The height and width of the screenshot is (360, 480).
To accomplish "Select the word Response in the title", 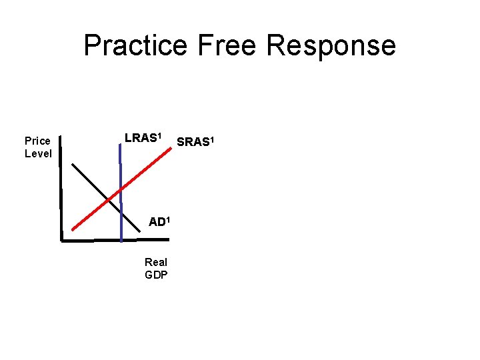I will pos(331,45).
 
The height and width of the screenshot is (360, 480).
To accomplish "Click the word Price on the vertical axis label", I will pos(37,141).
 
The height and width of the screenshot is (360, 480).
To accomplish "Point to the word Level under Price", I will pos(38,153).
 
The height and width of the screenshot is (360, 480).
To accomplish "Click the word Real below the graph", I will pos(156,262).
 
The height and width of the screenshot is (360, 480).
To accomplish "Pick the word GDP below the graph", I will pos(156,275).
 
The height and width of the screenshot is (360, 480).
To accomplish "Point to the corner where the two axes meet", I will pos(61,239).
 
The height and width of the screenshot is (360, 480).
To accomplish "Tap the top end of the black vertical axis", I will pos(60,137).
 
